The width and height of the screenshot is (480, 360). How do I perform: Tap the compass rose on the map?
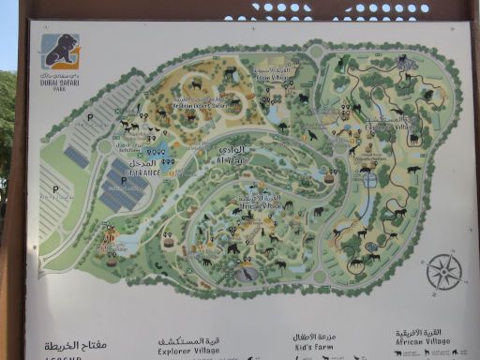(x=443, y=272)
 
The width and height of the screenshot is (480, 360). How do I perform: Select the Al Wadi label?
(x=231, y=160)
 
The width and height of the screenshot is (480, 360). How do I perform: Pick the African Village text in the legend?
(x=419, y=342)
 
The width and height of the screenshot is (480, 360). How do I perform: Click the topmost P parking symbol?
(x=90, y=119)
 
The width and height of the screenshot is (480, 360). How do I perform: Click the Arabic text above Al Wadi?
(x=232, y=149)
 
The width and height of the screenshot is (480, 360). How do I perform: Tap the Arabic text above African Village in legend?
(x=419, y=332)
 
